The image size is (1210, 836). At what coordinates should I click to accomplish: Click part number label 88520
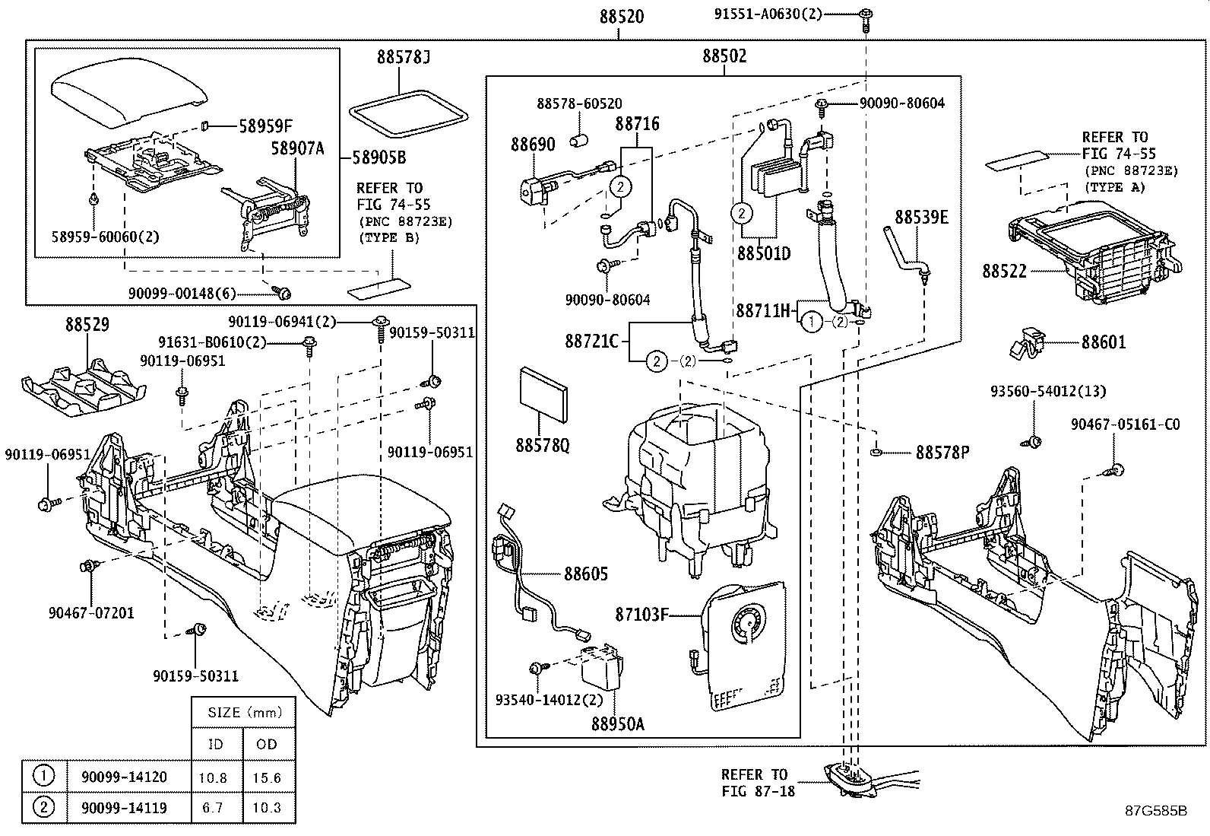(621, 17)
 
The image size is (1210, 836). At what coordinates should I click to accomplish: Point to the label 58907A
(298, 148)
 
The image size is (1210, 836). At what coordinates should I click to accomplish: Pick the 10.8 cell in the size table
(216, 777)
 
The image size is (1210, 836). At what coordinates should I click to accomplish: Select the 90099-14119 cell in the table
(124, 808)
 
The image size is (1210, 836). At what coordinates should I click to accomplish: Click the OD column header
(267, 744)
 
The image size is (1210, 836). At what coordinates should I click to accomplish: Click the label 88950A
(617, 724)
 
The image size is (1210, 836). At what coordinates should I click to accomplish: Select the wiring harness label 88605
(586, 574)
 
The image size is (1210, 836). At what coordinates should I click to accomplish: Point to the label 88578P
(942, 453)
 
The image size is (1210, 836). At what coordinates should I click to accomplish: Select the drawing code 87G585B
(1156, 810)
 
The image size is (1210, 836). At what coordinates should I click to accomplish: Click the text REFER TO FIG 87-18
(757, 783)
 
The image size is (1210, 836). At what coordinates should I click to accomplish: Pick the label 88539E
(921, 218)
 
